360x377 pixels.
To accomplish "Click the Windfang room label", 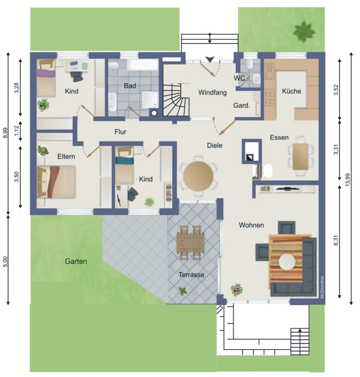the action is tap(212, 92).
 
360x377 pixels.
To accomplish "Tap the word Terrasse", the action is tap(192, 275).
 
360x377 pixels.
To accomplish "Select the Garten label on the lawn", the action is tap(76, 262).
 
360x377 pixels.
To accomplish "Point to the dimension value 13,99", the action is tap(347, 180).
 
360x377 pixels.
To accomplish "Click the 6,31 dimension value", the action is tap(336, 240).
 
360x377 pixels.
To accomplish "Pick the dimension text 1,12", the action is tap(17, 131).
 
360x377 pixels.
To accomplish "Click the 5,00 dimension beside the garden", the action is tap(6, 262).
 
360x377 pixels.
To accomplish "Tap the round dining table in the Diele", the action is tap(198, 176).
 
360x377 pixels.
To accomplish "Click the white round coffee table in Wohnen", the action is tap(287, 262).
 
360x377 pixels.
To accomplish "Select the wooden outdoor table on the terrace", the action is tap(191, 243).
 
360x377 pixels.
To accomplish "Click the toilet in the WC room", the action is tap(249, 63).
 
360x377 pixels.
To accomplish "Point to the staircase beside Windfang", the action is tap(176, 100).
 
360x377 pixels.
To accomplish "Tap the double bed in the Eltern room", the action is tap(56, 182).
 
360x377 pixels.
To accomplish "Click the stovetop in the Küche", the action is tap(270, 98).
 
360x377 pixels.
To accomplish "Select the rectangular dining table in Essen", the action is tap(301, 157).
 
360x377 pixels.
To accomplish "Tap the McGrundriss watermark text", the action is tap(322, 287).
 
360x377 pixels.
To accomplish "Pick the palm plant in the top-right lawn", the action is tap(304, 32).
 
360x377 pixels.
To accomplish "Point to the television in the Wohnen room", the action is tap(288, 189).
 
